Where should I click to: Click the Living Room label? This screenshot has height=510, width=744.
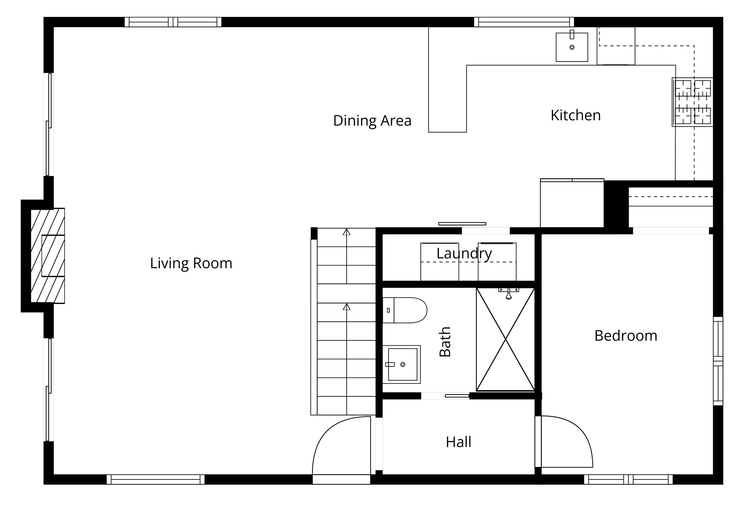191,263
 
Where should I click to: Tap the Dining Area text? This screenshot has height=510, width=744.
372,121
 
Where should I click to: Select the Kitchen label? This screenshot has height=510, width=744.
576,115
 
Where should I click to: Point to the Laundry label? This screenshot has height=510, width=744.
464,254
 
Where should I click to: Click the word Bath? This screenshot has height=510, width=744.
445,341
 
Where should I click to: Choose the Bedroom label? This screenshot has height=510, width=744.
626,336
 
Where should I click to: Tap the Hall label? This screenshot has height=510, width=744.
458,442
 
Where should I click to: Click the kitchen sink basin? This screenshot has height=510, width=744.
572,47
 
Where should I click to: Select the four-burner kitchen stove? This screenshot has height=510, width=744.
692,102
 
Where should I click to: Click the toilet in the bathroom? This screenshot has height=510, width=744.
405,310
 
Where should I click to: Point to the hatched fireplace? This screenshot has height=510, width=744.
48,256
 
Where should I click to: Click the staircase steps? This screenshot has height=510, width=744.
346,321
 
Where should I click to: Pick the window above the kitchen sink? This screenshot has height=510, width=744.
524,22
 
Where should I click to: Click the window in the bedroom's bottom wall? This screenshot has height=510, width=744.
628,479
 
